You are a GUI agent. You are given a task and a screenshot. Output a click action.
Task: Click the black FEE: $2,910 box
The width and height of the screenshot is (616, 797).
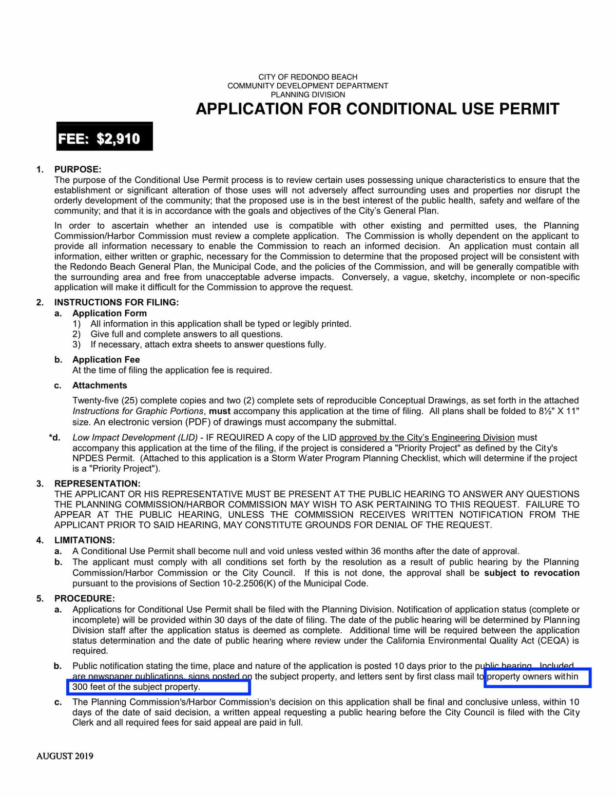[104, 137]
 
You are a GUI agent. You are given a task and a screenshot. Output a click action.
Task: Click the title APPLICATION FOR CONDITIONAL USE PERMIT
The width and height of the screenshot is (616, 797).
[377, 109]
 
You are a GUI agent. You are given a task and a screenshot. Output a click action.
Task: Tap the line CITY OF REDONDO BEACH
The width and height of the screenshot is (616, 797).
[307, 77]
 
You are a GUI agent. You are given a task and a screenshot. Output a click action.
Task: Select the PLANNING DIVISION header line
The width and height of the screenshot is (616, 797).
[307, 94]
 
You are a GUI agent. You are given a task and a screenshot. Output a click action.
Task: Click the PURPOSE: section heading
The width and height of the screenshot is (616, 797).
[78, 169]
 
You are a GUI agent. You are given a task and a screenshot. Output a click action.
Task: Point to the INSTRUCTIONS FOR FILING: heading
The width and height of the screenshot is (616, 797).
[117, 302]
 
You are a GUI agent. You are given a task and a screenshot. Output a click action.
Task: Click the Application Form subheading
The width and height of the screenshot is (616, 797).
[109, 313]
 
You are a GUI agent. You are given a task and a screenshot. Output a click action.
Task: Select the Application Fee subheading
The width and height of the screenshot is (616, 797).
[106, 359]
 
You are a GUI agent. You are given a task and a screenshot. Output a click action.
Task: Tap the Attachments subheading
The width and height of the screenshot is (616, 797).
[100, 385]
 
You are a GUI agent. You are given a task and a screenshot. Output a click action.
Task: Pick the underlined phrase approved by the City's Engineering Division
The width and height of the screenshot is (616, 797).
[427, 437]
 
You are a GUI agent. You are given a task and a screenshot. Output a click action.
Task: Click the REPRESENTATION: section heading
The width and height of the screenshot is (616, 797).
[97, 483]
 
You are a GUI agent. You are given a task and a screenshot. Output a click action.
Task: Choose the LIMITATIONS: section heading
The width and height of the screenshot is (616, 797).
[85, 540]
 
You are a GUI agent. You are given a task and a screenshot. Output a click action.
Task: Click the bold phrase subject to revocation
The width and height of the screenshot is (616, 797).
[531, 573]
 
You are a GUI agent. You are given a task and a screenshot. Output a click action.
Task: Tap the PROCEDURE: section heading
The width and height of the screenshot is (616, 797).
[85, 598]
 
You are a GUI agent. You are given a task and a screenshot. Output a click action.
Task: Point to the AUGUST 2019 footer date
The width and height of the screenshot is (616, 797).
[65, 756]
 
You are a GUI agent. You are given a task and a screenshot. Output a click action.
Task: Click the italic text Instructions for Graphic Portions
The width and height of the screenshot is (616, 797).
[138, 411]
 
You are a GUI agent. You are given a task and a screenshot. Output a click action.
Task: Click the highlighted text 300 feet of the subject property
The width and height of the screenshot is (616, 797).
[136, 687]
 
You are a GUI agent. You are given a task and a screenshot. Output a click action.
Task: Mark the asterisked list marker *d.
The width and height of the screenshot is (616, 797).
[55, 437]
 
